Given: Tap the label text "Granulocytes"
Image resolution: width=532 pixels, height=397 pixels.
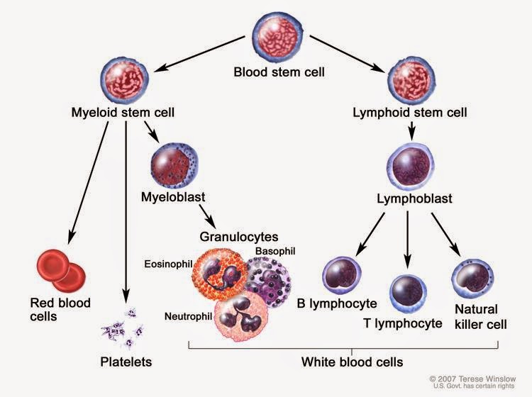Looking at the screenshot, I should point(240,236).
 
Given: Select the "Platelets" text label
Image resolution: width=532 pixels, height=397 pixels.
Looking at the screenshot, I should point(126,362).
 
